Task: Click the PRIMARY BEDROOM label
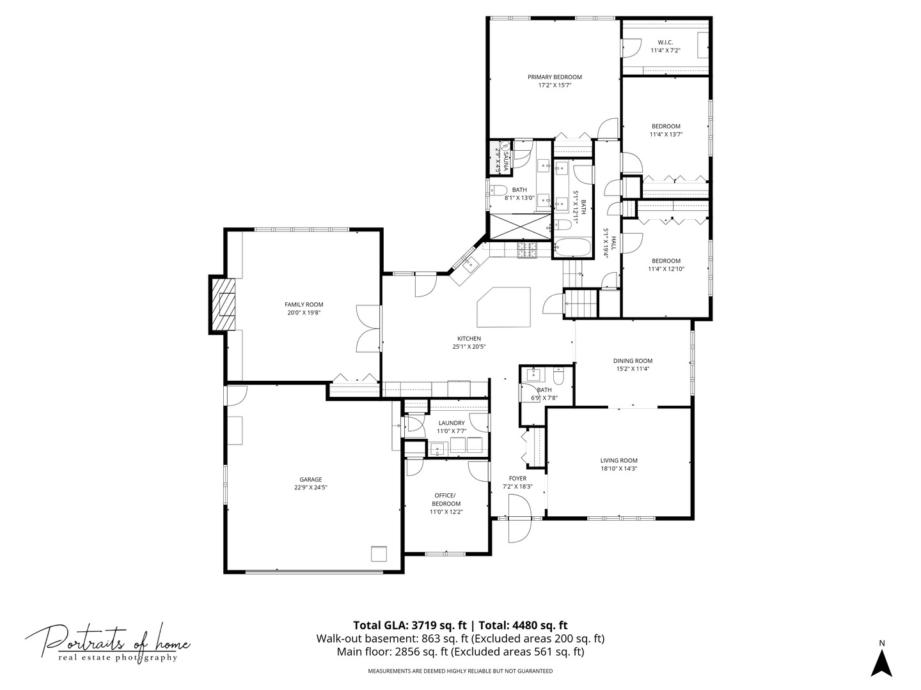click(555, 77)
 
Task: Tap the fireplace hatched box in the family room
click(223, 305)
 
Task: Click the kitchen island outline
click(504, 307)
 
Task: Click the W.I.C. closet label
click(665, 42)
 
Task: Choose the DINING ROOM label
click(633, 361)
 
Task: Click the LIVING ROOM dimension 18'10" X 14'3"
click(618, 468)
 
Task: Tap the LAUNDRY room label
click(451, 423)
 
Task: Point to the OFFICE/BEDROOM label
click(445, 499)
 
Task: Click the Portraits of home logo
click(108, 642)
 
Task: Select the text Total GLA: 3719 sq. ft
click(411, 625)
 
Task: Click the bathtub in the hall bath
click(573, 248)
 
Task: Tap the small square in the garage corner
click(379, 553)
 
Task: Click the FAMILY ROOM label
click(304, 305)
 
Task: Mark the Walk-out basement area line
click(460, 639)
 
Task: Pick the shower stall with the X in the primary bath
click(518, 227)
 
